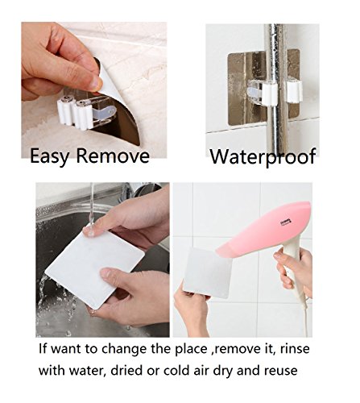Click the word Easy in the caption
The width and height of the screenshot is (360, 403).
click(x=50, y=156)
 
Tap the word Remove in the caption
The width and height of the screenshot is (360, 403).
click(x=113, y=156)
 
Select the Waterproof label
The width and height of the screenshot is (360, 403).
click(x=263, y=156)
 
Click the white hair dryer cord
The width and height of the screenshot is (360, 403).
click(x=304, y=316)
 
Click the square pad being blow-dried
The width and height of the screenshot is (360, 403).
click(x=206, y=273)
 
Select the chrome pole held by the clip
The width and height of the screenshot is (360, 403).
click(x=275, y=89)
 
